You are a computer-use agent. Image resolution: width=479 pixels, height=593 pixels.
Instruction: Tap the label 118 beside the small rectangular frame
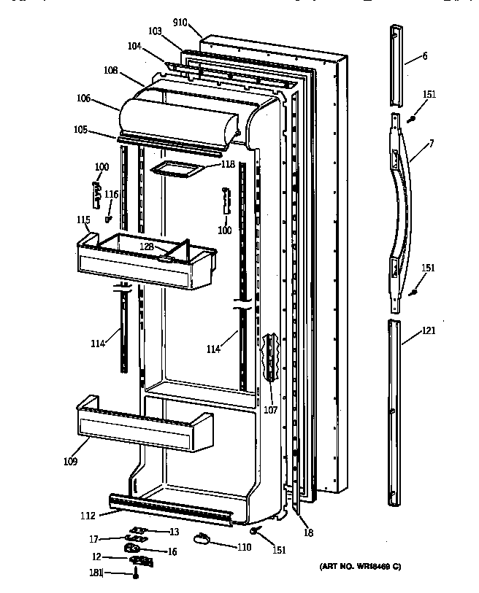coord(228,165)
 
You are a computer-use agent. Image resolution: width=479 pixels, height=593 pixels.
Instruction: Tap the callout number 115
coord(83,220)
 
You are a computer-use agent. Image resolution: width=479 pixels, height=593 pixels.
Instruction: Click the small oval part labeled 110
coord(202,538)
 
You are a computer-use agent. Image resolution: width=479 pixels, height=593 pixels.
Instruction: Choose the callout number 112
coord(88,516)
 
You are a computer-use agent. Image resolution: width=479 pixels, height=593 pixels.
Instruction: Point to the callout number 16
coord(172,552)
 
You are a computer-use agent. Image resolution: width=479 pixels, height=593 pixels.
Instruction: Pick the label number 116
coord(111,194)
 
